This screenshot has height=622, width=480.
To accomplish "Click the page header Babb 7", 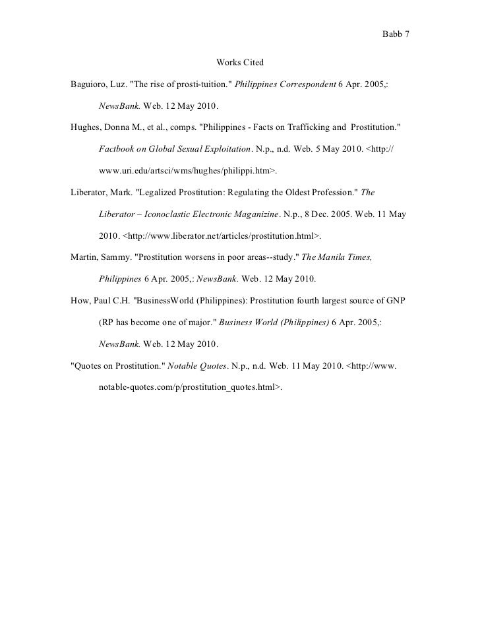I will coord(396,34).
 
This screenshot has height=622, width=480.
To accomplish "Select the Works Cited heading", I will coord(240,63).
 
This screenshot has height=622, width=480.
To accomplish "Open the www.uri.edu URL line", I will coord(187,171).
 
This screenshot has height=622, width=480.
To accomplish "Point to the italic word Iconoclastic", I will coord(173,215).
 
